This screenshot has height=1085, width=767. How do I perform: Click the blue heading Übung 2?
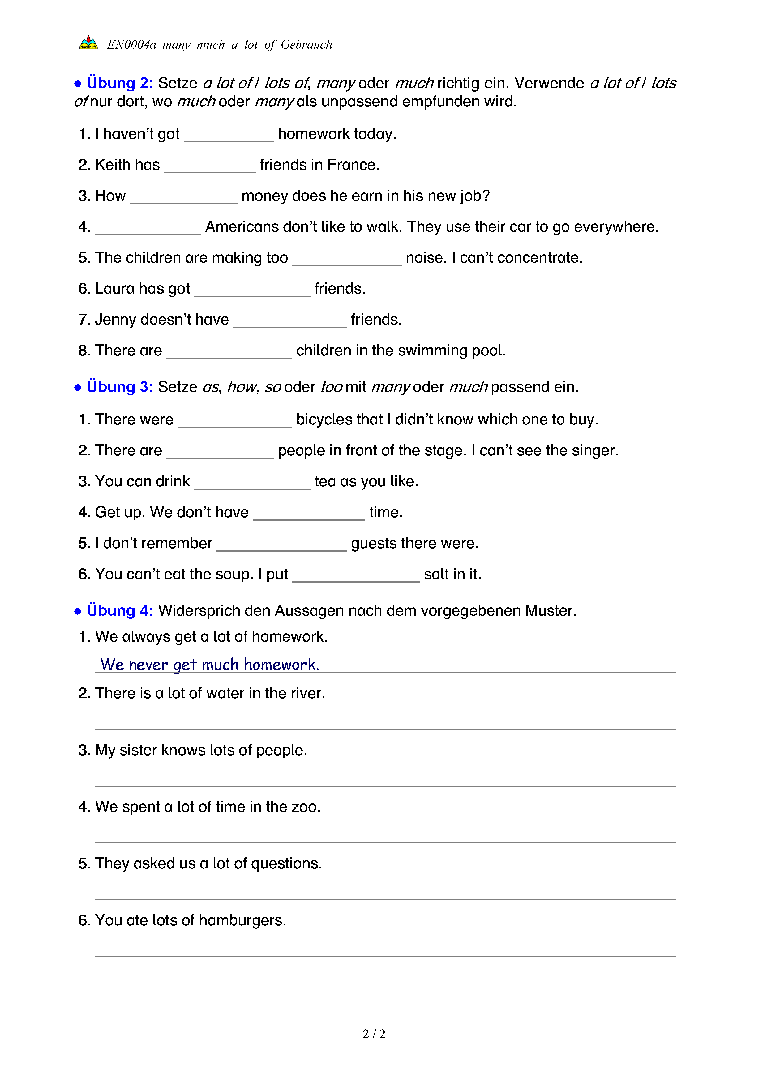[119, 83]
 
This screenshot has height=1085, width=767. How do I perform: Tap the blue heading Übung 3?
[119, 387]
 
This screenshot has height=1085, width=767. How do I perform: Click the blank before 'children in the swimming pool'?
[229, 352]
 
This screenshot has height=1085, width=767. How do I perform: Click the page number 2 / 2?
[374, 1034]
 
